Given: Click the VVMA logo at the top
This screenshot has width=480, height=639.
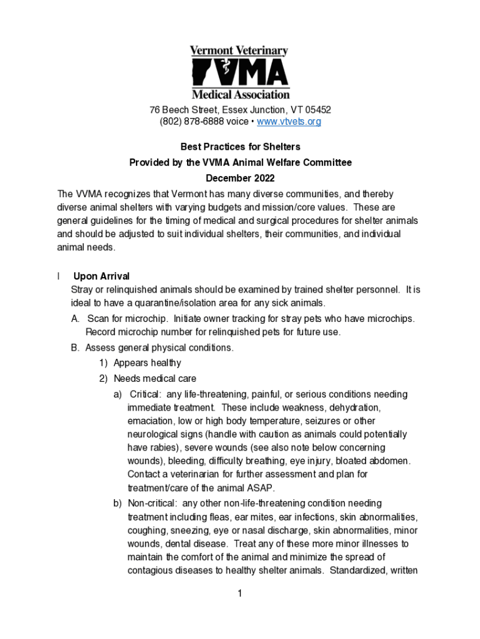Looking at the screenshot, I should [x=240, y=72].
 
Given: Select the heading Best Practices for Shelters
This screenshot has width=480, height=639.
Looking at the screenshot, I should [x=240, y=147].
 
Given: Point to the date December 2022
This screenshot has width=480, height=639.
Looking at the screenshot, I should [x=240, y=178].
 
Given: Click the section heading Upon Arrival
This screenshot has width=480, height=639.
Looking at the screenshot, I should [x=102, y=276].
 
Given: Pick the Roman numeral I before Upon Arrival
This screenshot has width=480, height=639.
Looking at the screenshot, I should [x=58, y=276].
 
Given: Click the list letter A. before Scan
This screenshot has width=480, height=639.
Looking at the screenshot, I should [x=76, y=319].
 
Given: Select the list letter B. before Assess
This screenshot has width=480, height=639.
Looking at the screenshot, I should [x=76, y=348].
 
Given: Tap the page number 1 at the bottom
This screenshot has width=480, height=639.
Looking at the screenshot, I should [x=239, y=593].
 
